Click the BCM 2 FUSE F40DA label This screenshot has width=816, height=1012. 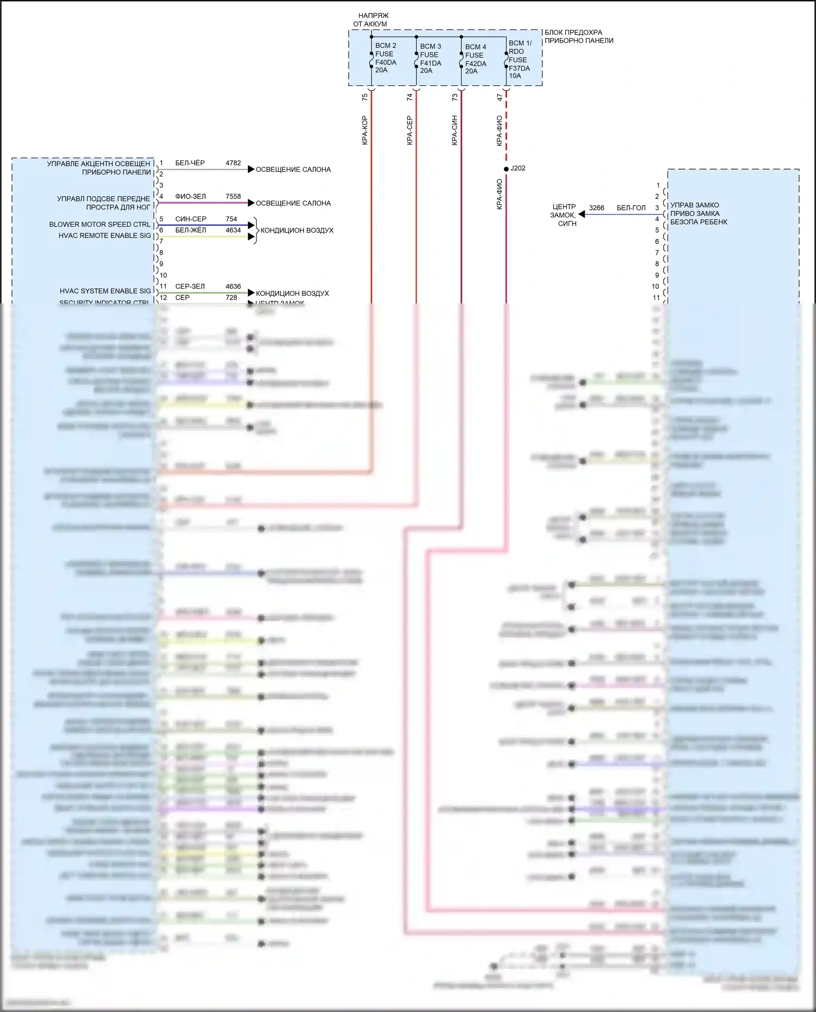click(385, 58)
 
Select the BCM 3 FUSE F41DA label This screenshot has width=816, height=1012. click(430, 58)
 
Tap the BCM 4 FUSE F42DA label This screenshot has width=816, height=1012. click(475, 59)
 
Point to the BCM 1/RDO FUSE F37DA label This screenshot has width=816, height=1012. click(520, 59)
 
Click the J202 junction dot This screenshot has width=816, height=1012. click(506, 169)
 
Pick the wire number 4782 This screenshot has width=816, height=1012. click(233, 163)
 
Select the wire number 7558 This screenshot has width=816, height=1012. click(233, 196)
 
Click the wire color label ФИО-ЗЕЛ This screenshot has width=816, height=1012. click(190, 196)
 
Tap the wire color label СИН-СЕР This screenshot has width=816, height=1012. click(190, 219)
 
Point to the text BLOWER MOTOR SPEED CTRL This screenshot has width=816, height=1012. click(100, 225)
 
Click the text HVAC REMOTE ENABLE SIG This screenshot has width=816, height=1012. click(104, 235)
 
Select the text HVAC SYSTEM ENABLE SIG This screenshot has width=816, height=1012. click(105, 291)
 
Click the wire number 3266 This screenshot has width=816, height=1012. click(596, 208)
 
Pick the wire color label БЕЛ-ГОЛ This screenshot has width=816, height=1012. click(631, 208)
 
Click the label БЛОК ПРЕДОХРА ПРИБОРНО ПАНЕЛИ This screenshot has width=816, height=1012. click(578, 36)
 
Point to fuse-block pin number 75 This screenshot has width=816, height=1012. click(364, 97)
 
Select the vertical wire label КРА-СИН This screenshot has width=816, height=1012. click(454, 130)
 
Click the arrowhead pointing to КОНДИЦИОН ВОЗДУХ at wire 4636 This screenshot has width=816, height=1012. click(251, 293)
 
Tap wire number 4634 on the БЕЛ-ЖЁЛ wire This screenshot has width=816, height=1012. click(233, 230)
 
